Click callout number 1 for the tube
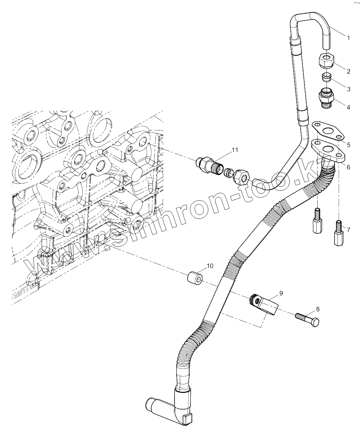point(348,38)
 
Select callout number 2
point(348,71)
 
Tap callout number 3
point(348,89)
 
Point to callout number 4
point(348,107)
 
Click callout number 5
point(348,145)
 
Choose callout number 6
point(348,167)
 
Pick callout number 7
point(348,230)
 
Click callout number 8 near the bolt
point(318,309)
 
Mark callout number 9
point(281,293)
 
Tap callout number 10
point(210,266)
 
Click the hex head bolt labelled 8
point(307,319)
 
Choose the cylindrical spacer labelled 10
point(195,278)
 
